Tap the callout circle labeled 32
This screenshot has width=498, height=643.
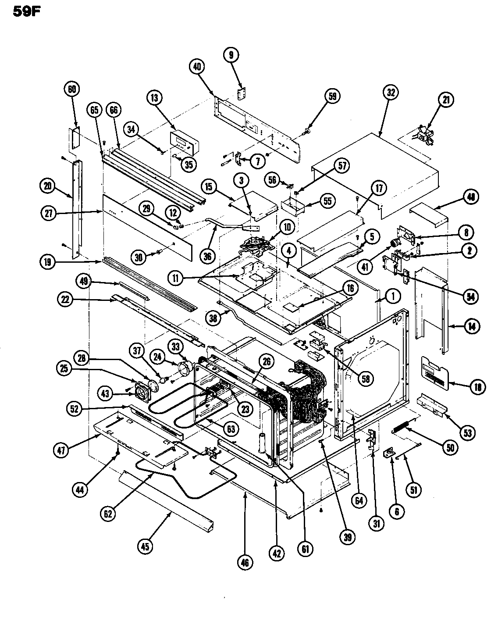390,93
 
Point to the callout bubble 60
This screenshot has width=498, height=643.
72,89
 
